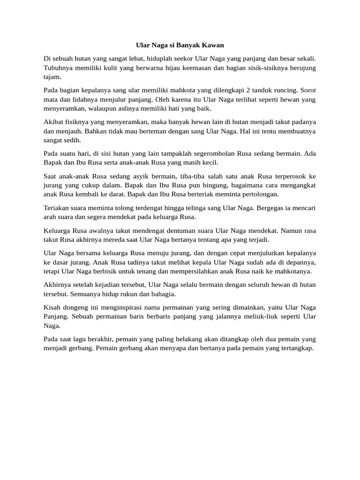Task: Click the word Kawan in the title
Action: [212, 45]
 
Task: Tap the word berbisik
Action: [116, 271]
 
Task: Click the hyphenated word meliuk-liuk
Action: [257, 316]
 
